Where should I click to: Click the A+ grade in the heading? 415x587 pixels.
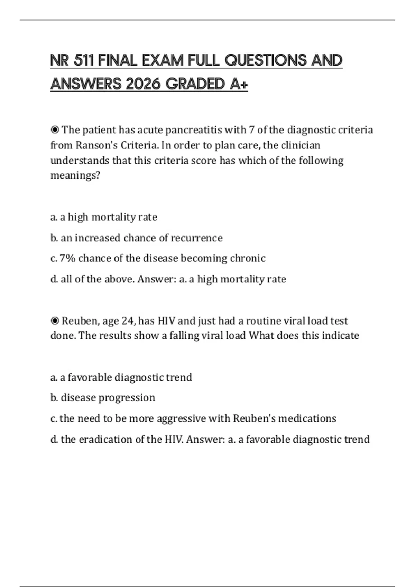coord(239,84)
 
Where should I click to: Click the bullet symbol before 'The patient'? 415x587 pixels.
coord(55,130)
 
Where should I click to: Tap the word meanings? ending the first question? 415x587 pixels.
coord(75,176)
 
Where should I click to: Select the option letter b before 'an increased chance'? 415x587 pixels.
coord(54,238)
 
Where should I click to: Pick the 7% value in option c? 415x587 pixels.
coord(67,258)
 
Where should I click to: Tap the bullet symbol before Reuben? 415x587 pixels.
coord(55,321)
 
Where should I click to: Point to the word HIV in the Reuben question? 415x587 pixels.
coord(166,321)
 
